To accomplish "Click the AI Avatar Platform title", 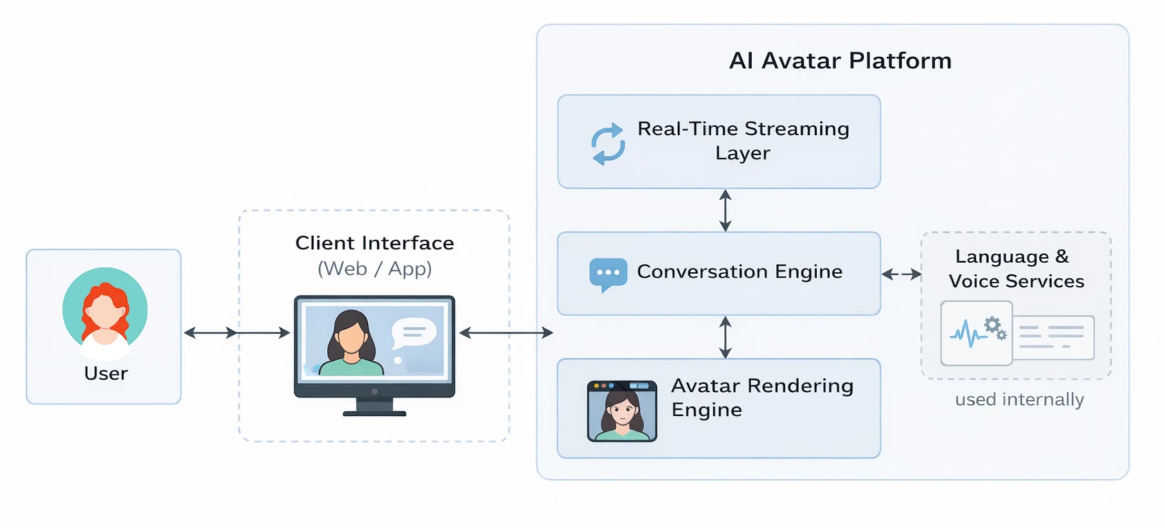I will pos(840,61).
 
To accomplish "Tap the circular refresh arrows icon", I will pos(608,144).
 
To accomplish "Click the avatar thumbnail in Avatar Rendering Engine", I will pos(622,411).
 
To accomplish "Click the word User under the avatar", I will pos(105,373).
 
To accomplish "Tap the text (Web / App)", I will pos(375,268).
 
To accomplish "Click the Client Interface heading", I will pos(375,243).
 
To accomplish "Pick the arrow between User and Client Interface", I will pos(236,332).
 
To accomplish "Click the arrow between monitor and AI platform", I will pos(506,332).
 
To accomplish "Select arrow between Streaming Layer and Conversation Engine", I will pos(725,210).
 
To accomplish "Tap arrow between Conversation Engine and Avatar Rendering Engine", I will pos(725,337).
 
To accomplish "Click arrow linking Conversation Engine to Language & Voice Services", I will pos(901,274).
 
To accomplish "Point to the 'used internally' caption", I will pos(1019,400).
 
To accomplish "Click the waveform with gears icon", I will pos(976,333).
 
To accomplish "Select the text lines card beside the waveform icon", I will pos(1053,337).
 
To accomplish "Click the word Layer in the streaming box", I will pos(742,153).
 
